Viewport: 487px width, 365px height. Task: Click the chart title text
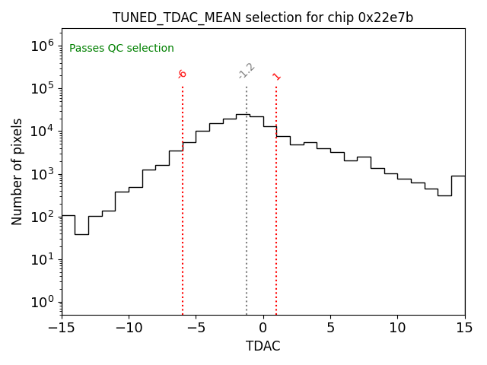263,17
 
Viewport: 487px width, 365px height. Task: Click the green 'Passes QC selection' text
122,49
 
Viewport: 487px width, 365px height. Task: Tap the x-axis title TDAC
263,346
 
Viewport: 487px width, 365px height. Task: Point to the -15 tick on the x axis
62,328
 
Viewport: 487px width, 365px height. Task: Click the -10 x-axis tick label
129,328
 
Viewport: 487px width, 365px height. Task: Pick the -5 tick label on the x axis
196,328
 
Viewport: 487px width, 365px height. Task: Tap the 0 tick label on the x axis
263,328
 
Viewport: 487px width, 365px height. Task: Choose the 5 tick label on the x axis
330,328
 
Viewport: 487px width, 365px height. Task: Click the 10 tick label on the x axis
397,328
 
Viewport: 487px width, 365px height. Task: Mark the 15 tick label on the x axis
464,328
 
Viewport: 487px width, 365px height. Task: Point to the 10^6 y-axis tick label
42,46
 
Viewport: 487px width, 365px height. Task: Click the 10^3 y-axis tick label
42,174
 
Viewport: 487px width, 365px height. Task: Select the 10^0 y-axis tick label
42,303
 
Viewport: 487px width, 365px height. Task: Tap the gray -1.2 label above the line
246,71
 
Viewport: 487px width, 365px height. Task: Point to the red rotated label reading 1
276,76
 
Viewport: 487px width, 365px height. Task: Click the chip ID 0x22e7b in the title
385,17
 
